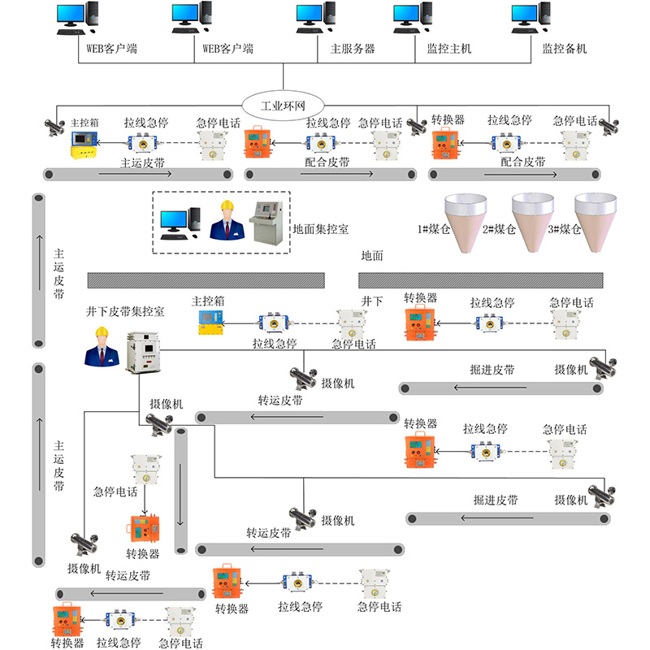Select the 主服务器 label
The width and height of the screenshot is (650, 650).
(x=352, y=49)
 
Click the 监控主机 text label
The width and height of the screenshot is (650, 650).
(x=448, y=49)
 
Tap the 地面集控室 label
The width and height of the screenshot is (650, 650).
(x=321, y=230)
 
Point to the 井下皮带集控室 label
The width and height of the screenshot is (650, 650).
(x=126, y=311)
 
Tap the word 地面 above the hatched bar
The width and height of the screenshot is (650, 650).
(x=371, y=255)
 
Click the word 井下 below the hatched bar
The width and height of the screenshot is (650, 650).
(x=371, y=301)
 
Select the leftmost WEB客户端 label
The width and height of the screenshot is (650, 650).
(x=111, y=49)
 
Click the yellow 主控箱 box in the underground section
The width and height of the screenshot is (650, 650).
(x=210, y=323)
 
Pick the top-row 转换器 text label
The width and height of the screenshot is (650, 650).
(x=448, y=119)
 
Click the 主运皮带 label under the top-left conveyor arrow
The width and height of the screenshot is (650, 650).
(x=143, y=162)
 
